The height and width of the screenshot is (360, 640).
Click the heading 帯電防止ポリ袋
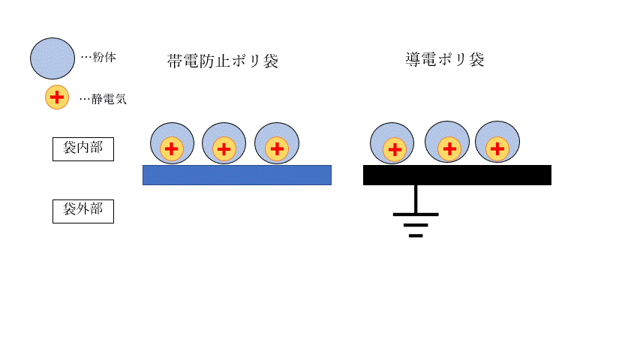point(223,61)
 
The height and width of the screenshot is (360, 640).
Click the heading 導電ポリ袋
point(445,59)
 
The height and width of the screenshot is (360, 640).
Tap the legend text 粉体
point(104,57)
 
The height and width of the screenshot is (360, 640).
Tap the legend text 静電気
point(109,99)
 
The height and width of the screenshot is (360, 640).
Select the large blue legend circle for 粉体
point(53,58)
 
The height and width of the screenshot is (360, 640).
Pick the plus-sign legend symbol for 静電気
point(57,97)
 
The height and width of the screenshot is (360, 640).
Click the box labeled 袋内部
point(83,149)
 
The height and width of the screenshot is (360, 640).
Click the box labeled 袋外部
point(83,211)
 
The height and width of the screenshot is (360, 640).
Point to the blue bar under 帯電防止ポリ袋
point(237,175)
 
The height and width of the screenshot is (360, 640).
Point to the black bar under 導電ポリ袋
point(457,175)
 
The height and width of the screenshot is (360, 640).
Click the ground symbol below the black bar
point(416,225)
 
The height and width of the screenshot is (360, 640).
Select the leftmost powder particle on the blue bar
point(173,143)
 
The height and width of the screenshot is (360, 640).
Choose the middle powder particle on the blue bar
point(224,143)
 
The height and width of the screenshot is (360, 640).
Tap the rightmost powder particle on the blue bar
point(277,143)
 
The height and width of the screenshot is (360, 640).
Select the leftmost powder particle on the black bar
point(392,142)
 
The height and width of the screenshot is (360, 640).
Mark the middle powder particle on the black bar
point(447,142)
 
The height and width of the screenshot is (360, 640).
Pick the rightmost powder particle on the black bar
point(497,142)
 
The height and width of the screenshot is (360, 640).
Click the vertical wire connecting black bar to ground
point(416,199)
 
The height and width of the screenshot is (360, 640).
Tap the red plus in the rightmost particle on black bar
point(497,148)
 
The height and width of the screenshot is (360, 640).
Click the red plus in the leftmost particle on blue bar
point(171,149)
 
